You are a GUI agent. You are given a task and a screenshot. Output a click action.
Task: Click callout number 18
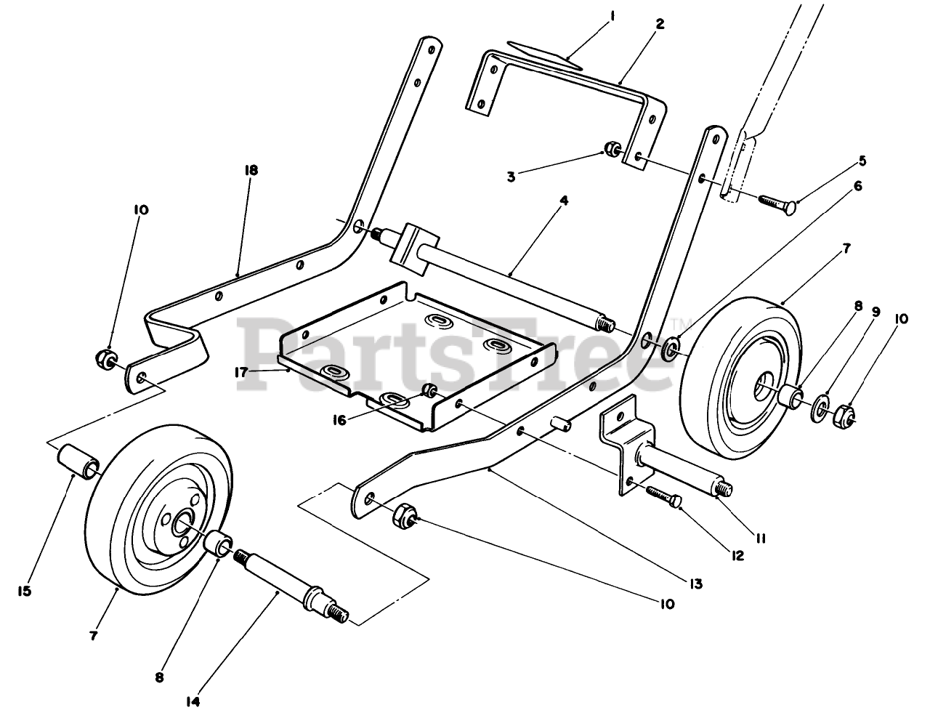pos(251,170)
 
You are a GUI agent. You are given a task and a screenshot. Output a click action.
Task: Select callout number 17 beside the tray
pos(242,371)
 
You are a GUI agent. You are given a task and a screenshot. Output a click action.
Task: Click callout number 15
pos(25,591)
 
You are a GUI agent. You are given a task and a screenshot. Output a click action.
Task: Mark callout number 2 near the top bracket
pos(659,23)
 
